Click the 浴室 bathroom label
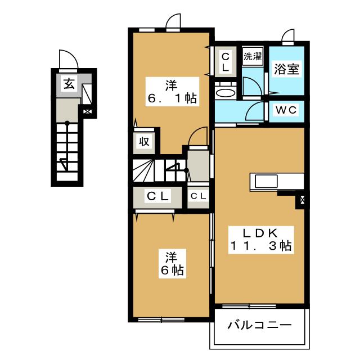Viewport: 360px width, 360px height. [x=287, y=69]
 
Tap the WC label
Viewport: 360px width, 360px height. [x=286, y=110]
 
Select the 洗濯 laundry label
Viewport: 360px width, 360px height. [x=253, y=56]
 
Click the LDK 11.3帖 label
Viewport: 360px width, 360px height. [x=261, y=240]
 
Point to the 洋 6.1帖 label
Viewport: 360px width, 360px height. [x=172, y=92]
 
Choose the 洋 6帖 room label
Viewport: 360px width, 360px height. [x=172, y=264]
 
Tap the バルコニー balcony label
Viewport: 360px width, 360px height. [x=259, y=325]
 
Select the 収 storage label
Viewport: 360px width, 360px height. [x=144, y=142]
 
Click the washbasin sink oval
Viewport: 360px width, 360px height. [x=226, y=93]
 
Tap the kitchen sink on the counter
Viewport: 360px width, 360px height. [x=266, y=181]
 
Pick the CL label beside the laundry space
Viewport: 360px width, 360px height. [x=225, y=62]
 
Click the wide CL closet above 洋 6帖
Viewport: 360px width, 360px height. [x=157, y=196]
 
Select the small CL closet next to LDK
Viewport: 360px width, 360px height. [x=198, y=196]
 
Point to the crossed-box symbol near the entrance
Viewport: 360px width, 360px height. [x=87, y=112]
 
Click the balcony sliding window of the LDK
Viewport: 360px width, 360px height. [x=249, y=306]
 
